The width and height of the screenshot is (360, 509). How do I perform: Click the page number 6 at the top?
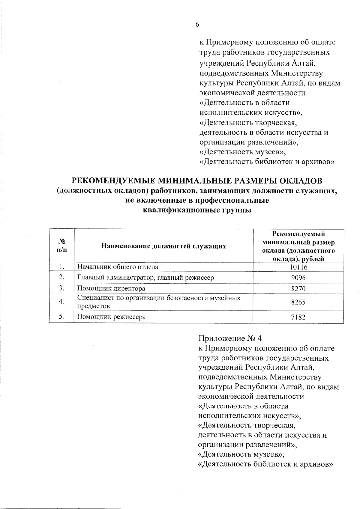point(197,25)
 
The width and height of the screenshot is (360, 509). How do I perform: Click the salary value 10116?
point(298,267)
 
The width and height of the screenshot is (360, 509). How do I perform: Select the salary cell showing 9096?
point(298,278)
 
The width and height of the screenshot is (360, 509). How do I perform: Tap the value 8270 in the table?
point(298,289)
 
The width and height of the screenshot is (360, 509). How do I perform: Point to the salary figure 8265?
point(298,302)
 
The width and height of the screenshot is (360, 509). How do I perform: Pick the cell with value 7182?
point(298,317)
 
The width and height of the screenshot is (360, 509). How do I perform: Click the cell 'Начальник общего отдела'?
point(118,267)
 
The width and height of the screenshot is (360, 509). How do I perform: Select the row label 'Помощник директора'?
point(111,289)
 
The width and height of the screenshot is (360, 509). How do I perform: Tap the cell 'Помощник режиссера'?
point(112,317)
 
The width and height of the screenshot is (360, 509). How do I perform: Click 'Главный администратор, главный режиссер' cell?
point(145,278)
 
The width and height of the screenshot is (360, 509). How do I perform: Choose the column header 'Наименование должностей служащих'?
point(163,246)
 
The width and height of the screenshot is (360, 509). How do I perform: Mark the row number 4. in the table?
point(62,302)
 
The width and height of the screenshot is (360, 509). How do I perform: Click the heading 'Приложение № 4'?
point(230,338)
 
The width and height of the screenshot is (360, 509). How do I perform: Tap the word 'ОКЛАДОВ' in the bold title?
point(300,181)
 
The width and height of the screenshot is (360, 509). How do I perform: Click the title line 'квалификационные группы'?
point(197,210)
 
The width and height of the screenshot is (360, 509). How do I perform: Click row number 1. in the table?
point(62,267)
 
